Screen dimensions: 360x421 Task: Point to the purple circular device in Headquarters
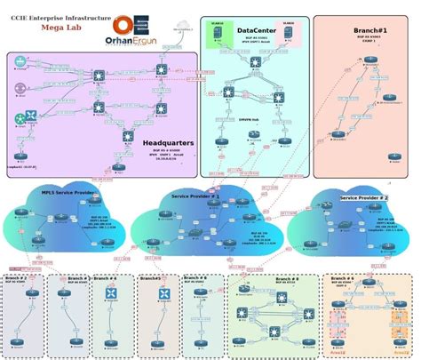(20, 88)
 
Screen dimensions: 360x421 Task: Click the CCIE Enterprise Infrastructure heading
(60, 17)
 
